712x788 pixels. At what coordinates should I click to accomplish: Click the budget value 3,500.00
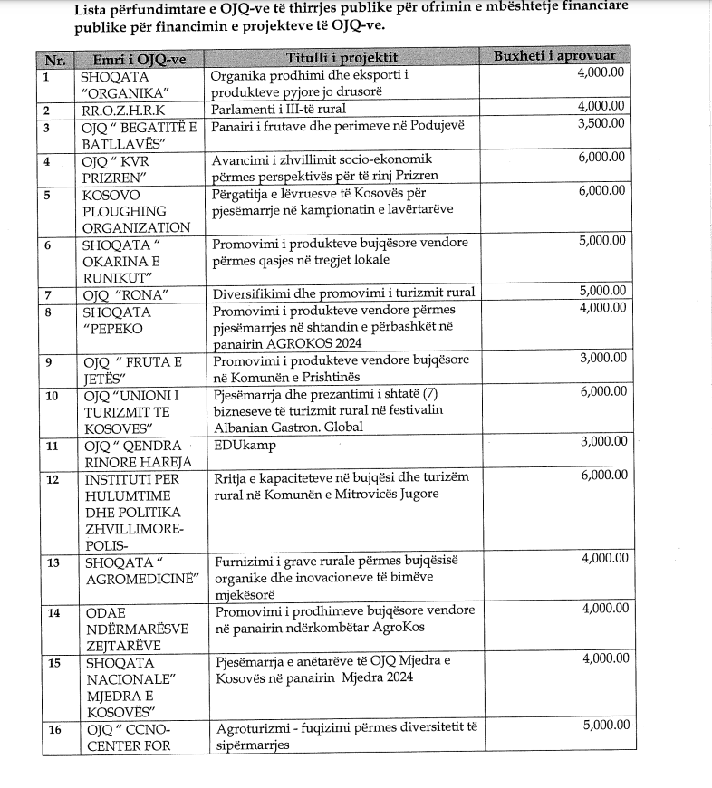pyautogui.click(x=601, y=123)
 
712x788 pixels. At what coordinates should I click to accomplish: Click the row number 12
pyautogui.click(x=53, y=478)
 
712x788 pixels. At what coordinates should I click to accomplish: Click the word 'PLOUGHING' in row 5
pyautogui.click(x=123, y=210)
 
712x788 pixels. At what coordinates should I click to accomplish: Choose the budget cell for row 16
pyautogui.click(x=601, y=725)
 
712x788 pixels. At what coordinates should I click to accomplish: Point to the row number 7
pyautogui.click(x=51, y=293)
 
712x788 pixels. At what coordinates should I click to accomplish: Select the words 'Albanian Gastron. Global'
pyautogui.click(x=287, y=426)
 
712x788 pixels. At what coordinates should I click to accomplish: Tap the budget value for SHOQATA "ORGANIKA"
pyautogui.click(x=601, y=73)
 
